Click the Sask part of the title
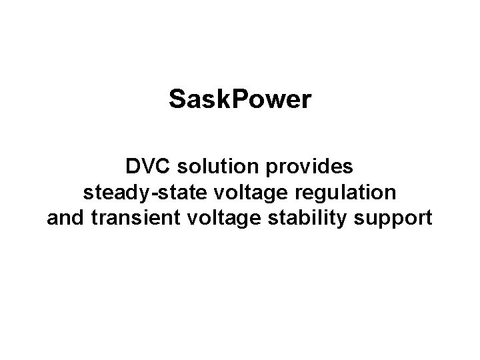coord(195,100)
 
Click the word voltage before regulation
coord(236,193)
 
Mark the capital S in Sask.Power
coord(177,100)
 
